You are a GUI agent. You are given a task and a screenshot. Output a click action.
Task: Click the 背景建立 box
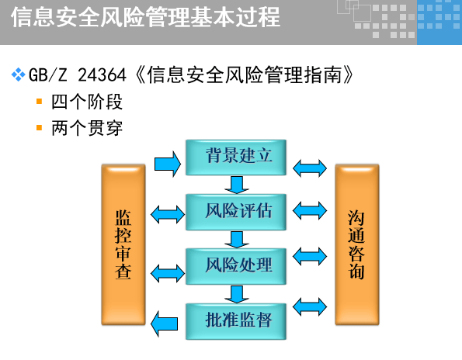point(237,157)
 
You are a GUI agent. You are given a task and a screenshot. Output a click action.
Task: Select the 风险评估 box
point(237,211)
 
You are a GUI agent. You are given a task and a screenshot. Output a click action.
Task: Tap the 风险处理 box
point(237,265)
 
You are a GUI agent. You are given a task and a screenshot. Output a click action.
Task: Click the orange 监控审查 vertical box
point(123,244)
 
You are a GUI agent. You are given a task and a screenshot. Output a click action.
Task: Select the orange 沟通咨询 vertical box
point(357,244)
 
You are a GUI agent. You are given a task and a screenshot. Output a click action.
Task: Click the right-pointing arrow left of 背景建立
point(168,163)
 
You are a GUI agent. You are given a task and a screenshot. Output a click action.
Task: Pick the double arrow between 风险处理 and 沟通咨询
point(311,256)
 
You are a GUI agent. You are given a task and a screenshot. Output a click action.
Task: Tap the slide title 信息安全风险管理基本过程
point(145,17)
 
